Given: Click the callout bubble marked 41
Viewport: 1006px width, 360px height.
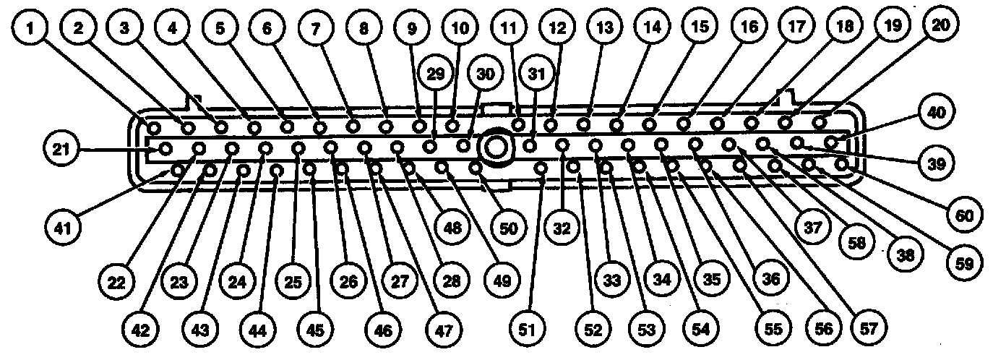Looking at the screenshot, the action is (66, 228).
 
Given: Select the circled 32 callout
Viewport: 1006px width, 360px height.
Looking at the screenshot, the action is (562, 228).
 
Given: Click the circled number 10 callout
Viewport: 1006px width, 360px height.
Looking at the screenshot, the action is (460, 30).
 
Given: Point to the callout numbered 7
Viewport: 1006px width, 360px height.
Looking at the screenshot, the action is (315, 30).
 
